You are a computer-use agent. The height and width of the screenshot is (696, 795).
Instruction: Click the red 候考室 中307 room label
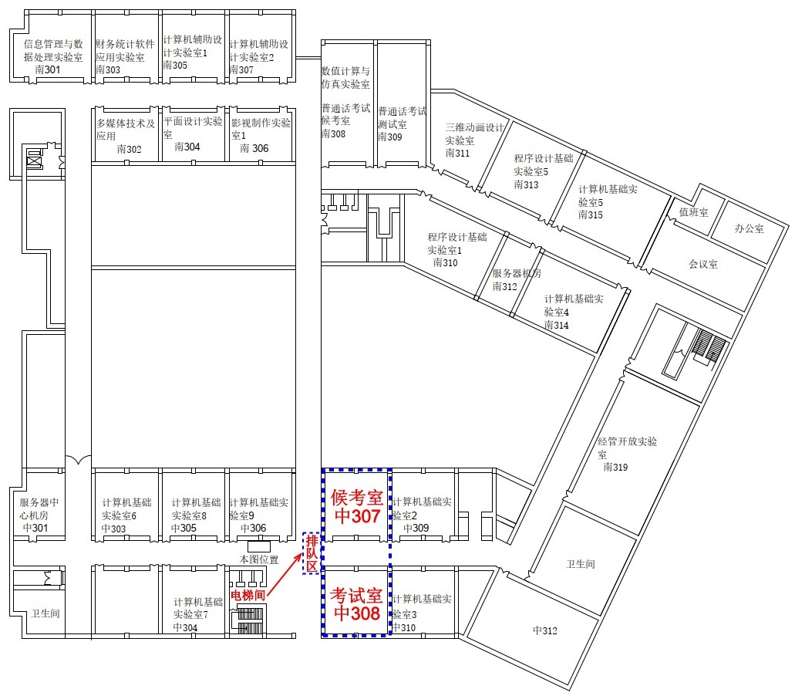(x=356, y=506)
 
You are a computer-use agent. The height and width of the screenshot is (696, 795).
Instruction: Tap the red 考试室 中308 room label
(x=356, y=603)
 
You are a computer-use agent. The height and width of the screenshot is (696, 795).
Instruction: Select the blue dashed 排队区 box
(x=312, y=553)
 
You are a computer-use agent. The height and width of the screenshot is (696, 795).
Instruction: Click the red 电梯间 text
(x=248, y=595)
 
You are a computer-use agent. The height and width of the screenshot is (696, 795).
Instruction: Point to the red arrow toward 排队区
(x=285, y=576)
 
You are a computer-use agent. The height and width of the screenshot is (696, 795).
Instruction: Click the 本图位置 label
(x=259, y=559)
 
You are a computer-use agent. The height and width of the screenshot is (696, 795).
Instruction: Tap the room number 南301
(x=48, y=70)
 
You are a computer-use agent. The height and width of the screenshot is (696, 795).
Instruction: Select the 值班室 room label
(x=693, y=212)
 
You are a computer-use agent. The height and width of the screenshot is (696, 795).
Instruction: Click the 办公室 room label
(x=750, y=229)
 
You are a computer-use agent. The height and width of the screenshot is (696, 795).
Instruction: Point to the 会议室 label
(x=703, y=265)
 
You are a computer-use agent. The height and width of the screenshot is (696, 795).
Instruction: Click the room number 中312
(x=545, y=630)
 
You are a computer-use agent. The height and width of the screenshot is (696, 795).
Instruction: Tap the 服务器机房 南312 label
(x=517, y=279)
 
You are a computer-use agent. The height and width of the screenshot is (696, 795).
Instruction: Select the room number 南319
(x=615, y=467)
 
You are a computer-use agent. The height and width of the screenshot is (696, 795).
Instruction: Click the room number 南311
(x=457, y=154)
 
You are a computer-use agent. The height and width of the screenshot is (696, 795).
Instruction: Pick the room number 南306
(x=254, y=148)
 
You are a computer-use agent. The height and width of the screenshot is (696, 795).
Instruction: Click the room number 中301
(x=35, y=528)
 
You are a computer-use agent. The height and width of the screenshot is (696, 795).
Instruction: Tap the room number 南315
(x=591, y=215)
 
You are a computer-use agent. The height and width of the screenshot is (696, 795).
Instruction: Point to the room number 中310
(x=404, y=627)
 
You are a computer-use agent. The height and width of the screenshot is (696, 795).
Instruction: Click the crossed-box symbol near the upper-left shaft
(x=33, y=162)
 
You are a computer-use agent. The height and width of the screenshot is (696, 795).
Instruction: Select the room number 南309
(x=390, y=137)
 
